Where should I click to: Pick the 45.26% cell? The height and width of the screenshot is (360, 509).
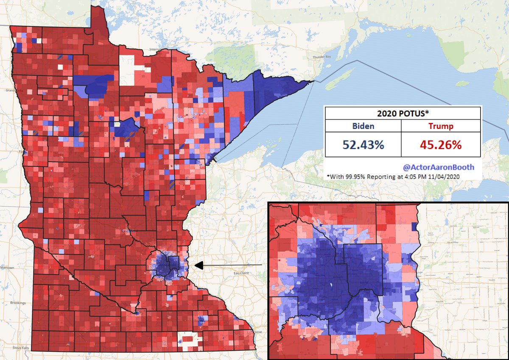coord(441,144)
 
